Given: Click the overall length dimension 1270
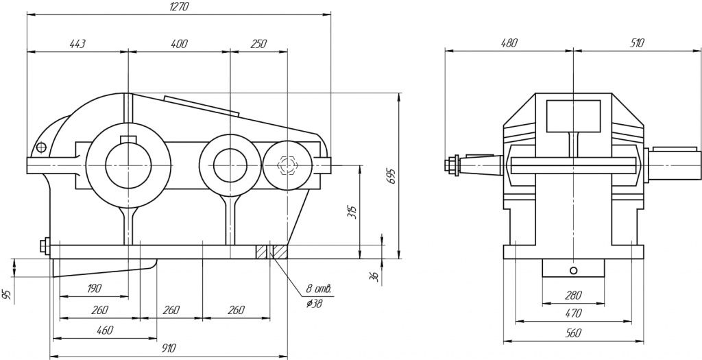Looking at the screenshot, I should coord(179,6).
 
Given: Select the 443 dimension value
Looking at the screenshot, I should coord(77,44).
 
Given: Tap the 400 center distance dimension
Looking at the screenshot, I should coord(179,44).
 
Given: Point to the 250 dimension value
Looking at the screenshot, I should coord(258,44).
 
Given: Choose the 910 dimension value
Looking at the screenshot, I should coord(168,348).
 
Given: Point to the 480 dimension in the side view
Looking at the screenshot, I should coord(509,43).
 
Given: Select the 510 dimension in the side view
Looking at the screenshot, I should coord(637,43).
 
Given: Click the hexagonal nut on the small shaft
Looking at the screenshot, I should coord(287,165).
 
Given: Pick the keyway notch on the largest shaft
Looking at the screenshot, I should coord(128,141).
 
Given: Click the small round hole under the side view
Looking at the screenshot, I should coord(573,268).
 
